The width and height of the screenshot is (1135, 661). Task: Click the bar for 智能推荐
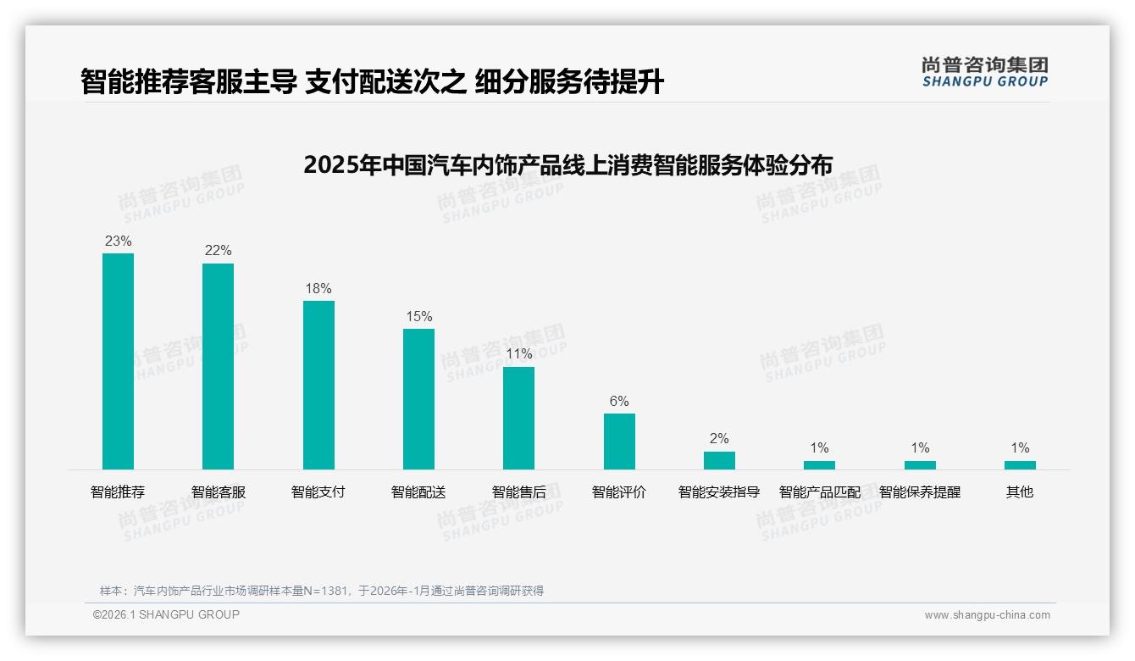tap(118, 361)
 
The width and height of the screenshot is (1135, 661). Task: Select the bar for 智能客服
tap(218, 366)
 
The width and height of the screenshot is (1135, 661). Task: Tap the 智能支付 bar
tap(318, 385)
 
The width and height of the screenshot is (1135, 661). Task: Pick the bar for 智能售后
tap(518, 418)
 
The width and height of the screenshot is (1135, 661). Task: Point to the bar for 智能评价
tap(619, 442)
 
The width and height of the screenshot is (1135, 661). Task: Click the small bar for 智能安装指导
tap(719, 460)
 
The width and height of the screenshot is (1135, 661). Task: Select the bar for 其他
tap(1020, 465)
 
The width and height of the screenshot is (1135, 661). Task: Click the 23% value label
tap(118, 242)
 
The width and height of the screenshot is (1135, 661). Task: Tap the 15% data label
tap(418, 317)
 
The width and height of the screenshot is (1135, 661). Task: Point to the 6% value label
tap(619, 402)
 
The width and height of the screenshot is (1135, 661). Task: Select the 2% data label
tap(719, 439)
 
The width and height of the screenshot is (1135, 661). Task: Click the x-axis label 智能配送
tap(418, 492)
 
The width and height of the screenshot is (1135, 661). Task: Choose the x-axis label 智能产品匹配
tap(819, 492)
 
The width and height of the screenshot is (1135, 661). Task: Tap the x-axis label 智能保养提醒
tap(920, 492)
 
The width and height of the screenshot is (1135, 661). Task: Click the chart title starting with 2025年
tap(567, 164)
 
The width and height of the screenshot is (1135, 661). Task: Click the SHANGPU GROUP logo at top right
tap(984, 72)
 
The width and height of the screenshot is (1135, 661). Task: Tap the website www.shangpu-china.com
tap(987, 615)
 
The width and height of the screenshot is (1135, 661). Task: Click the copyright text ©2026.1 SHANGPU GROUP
tap(166, 614)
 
